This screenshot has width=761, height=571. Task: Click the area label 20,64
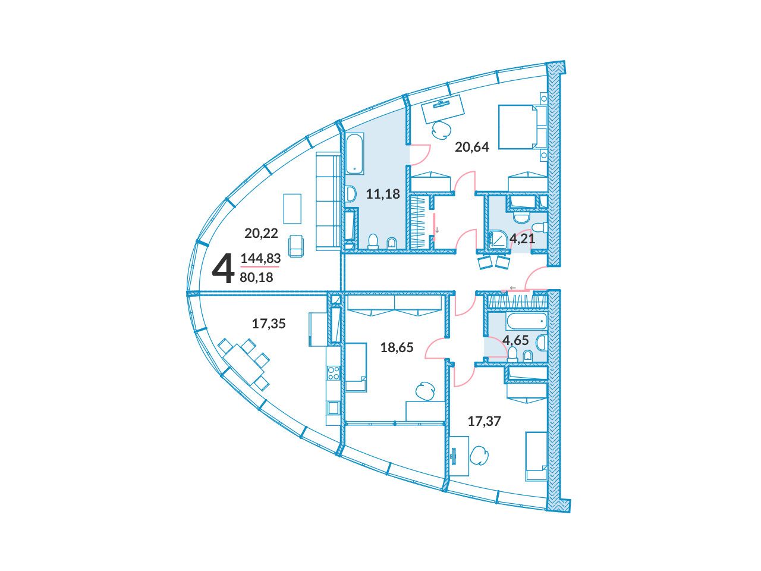click(471, 148)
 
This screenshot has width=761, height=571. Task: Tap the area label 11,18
click(383, 194)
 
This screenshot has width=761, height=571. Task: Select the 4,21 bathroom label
click(522, 239)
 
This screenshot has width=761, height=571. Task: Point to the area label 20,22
click(261, 233)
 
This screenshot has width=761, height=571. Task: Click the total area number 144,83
click(260, 258)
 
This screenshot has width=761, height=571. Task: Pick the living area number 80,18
click(257, 277)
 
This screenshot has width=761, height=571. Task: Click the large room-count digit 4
click(223, 268)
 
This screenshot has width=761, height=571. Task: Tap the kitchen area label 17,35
click(269, 324)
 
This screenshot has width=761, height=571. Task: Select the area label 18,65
click(397, 347)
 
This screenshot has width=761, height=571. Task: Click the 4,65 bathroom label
click(515, 340)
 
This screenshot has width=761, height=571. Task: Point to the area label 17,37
click(484, 421)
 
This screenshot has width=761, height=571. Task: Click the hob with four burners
click(334, 374)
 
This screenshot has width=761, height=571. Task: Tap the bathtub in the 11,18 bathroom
click(354, 155)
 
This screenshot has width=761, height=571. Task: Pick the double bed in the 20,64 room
click(522, 127)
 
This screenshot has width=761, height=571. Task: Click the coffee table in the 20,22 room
click(293, 209)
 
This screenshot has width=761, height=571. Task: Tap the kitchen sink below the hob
click(334, 407)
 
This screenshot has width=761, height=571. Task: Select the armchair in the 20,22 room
click(295, 246)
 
